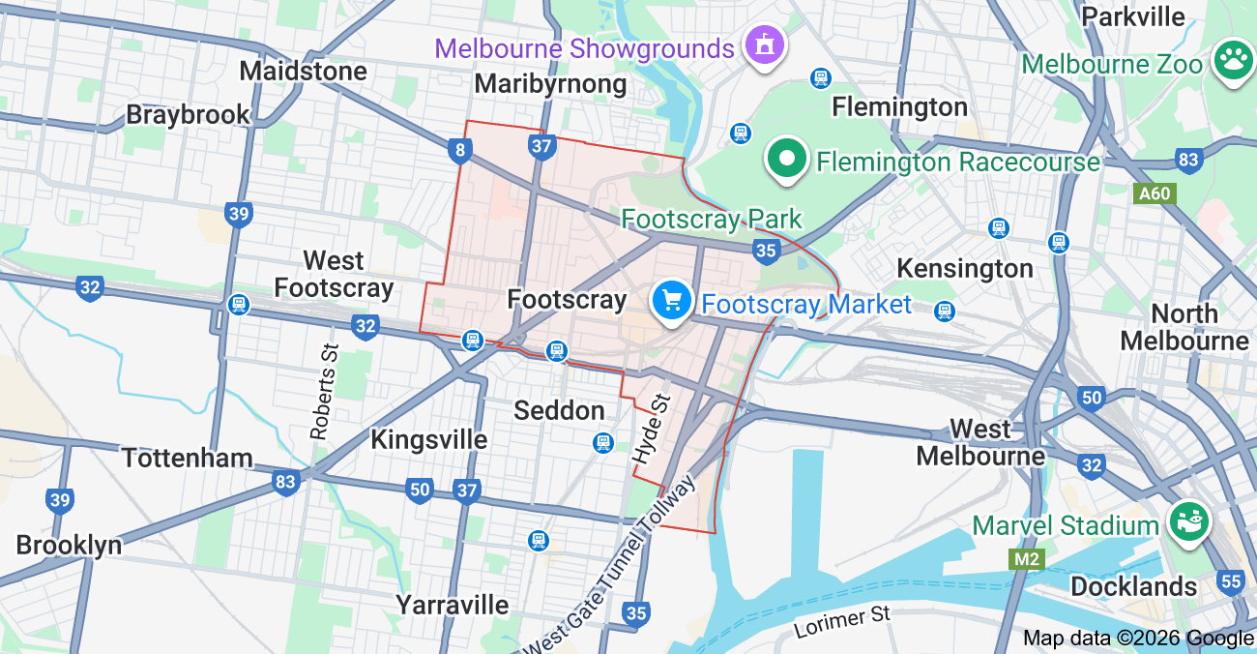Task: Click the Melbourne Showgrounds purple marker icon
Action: [x=765, y=45]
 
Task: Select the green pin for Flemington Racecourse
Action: [x=788, y=159]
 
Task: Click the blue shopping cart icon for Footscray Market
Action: [x=671, y=301]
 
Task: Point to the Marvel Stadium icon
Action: [x=1188, y=523]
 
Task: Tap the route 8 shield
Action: [x=460, y=150]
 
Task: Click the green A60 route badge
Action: [x=1154, y=193]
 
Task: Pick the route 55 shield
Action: [x=1231, y=581]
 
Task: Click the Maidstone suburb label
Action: [x=304, y=71]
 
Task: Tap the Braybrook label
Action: [x=189, y=114]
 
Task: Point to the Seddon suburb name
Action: [x=559, y=410]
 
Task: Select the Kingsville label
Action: [x=429, y=439]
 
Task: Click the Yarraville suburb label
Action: [x=453, y=605]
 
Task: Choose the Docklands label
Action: [x=1133, y=586]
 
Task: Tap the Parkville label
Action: [x=1133, y=16]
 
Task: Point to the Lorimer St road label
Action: [x=841, y=621]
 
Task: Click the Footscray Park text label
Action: [x=712, y=219]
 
